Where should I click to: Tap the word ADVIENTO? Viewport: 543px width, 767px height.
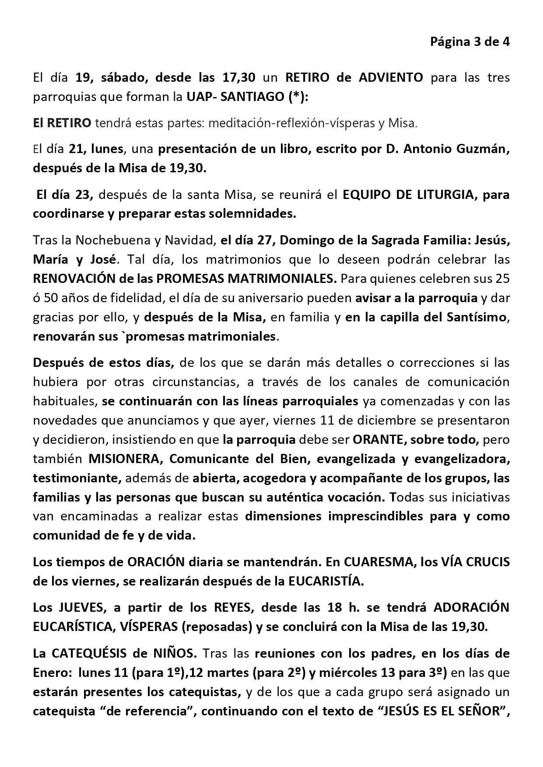pyautogui.click(x=391, y=78)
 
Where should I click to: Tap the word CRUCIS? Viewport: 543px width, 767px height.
pyautogui.click(x=487, y=561)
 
